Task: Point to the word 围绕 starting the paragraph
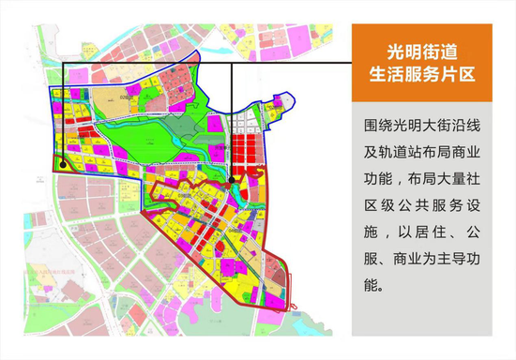coord(374,125)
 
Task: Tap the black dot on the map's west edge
coord(61,163)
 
